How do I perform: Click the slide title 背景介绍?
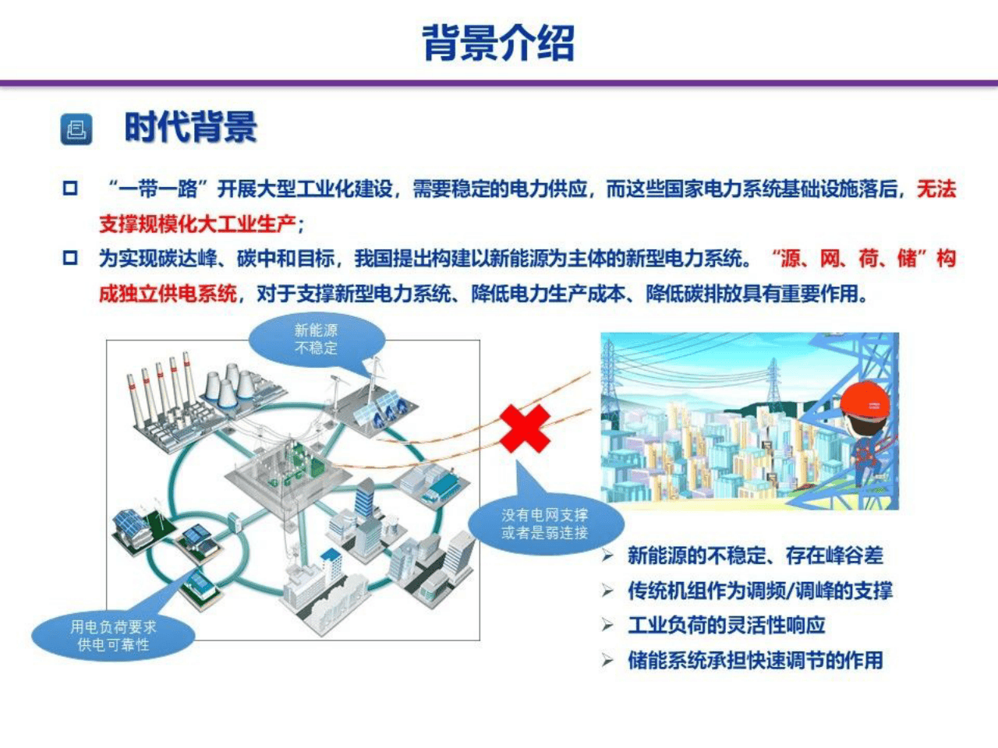click(x=498, y=42)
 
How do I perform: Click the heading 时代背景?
click(x=190, y=128)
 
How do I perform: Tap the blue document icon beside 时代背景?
click(x=76, y=129)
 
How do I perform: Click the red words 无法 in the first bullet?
click(x=936, y=189)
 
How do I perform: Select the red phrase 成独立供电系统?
click(x=168, y=294)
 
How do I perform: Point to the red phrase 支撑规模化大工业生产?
click(x=196, y=224)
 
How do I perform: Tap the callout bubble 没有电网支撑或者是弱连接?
click(x=545, y=524)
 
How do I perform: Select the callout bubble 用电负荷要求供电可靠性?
click(x=113, y=635)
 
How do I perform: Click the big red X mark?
click(x=525, y=428)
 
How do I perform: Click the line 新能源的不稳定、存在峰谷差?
click(x=755, y=556)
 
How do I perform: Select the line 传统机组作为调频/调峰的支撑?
click(x=759, y=591)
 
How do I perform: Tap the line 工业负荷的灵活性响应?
click(x=726, y=625)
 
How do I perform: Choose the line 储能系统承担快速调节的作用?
click(x=755, y=660)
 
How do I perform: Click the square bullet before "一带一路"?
click(x=71, y=189)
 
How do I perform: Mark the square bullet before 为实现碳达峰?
click(x=71, y=258)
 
